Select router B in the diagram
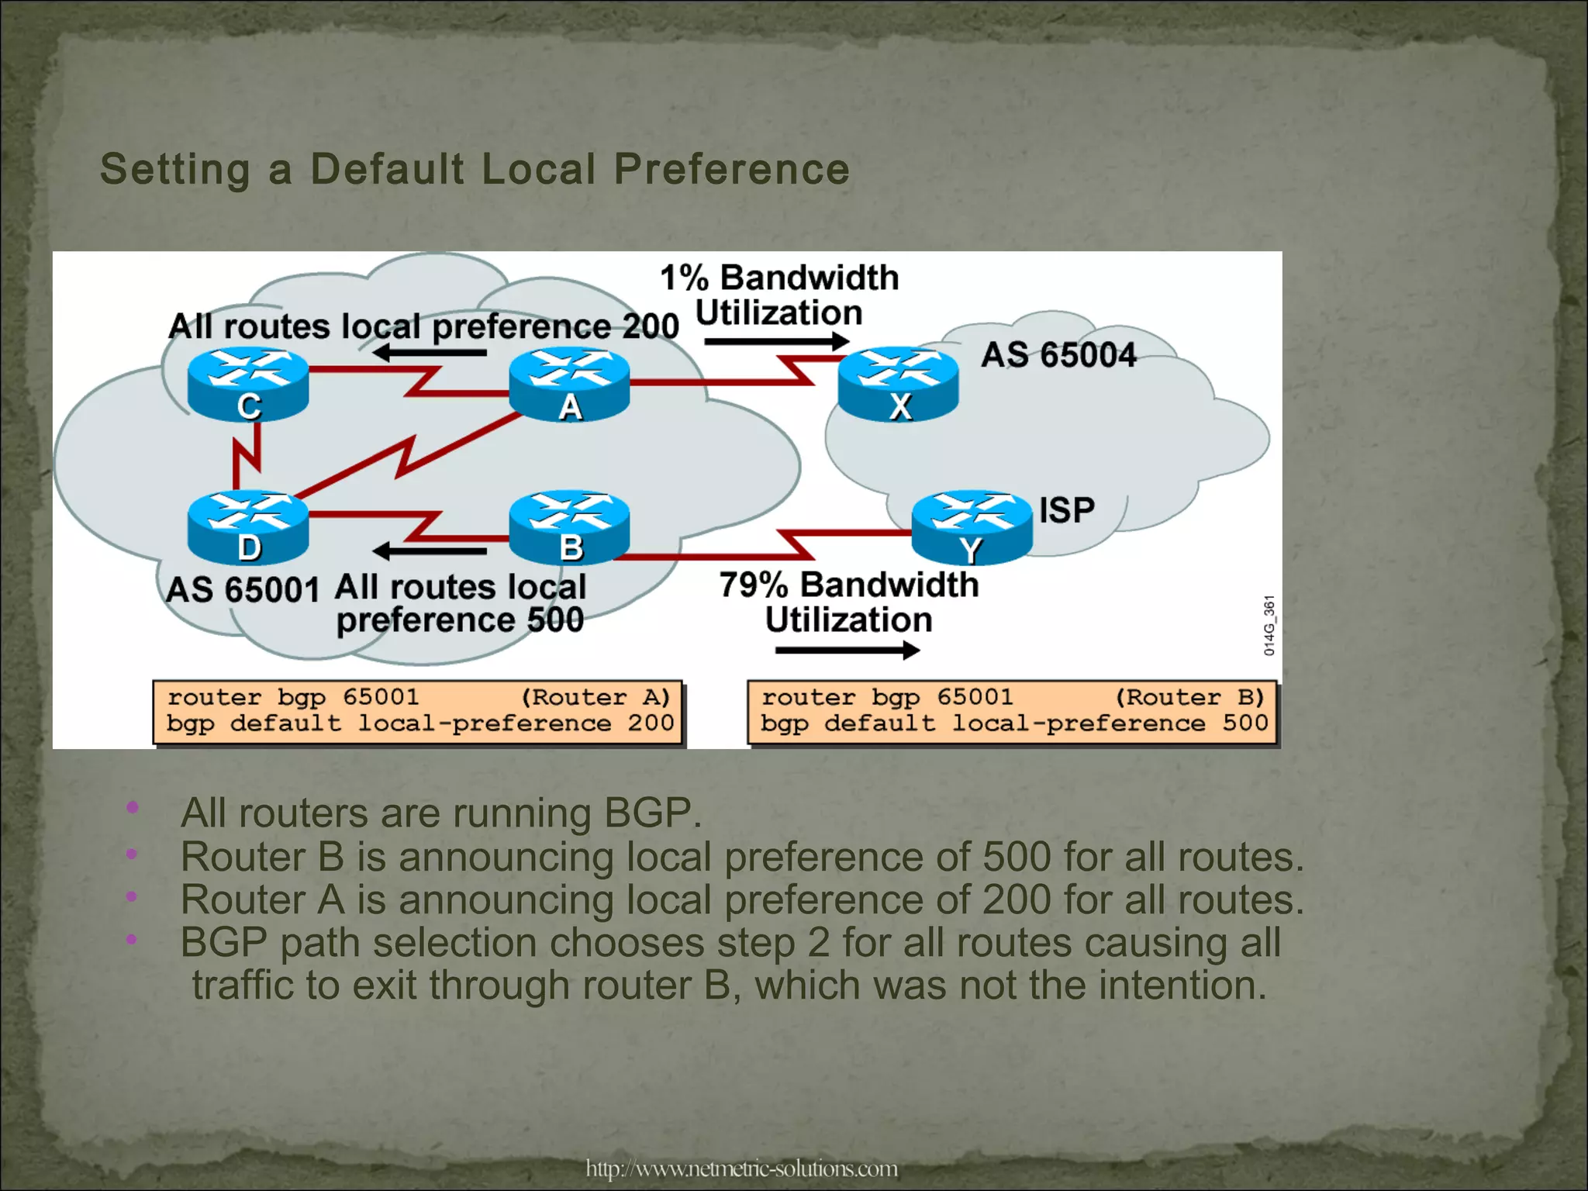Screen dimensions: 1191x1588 click(569, 525)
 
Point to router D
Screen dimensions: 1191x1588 click(248, 525)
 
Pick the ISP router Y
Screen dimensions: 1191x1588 click(972, 525)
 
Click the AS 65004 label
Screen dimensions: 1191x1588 click(1058, 355)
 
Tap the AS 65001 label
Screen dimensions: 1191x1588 click(242, 590)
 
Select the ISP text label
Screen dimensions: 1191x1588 click(1067, 510)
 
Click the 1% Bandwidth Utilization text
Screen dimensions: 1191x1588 click(778, 295)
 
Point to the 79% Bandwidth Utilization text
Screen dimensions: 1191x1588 click(848, 602)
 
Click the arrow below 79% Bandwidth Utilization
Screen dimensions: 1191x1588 click(847, 650)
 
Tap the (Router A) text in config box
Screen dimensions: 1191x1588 click(595, 697)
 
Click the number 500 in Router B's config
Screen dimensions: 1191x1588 click(1245, 723)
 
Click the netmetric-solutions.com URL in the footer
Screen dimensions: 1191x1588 click(741, 1168)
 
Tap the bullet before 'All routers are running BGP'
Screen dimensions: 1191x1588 click(133, 808)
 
